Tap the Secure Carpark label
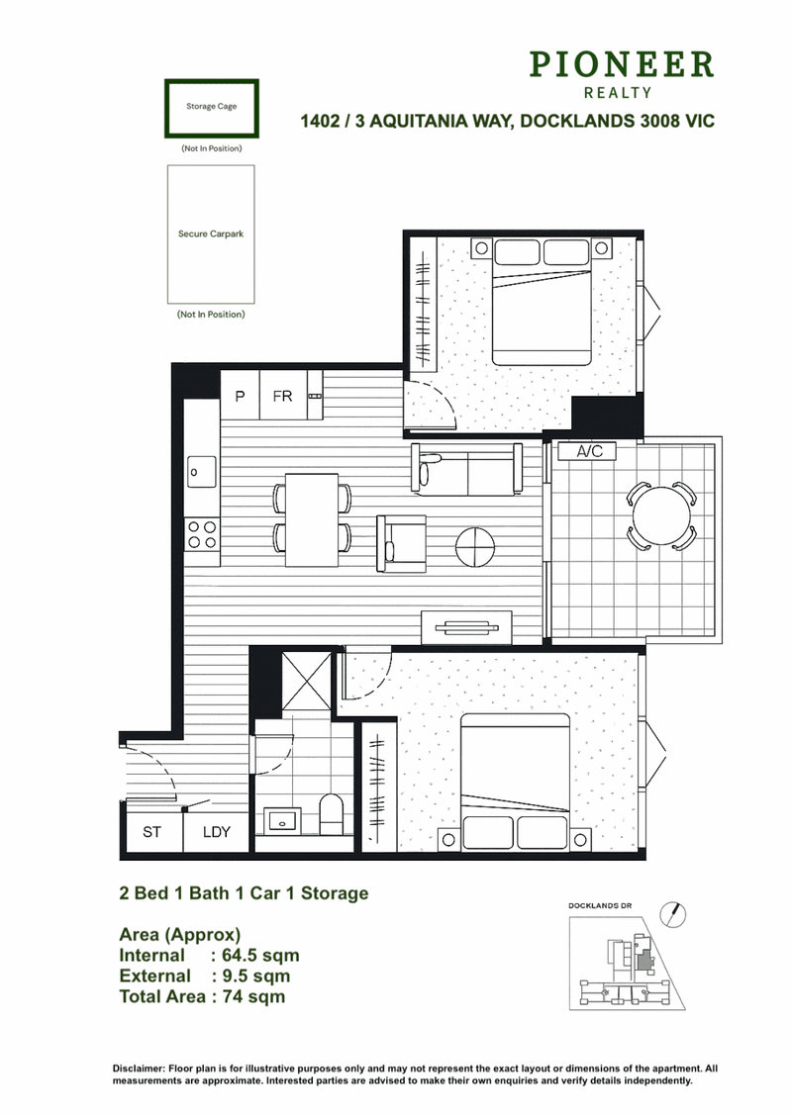(x=211, y=233)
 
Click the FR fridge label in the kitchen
(x=282, y=396)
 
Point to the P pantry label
(x=240, y=396)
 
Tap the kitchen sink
(x=201, y=472)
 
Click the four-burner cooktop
(x=201, y=534)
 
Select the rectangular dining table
(x=312, y=519)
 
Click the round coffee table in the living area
(x=474, y=547)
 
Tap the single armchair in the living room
(x=401, y=544)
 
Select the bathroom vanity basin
(x=282, y=820)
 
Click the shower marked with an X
(x=307, y=682)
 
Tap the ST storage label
(x=151, y=832)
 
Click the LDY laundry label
(x=217, y=832)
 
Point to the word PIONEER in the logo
(x=621, y=64)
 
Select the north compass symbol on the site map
(x=672, y=914)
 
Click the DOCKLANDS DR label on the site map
(x=600, y=906)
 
